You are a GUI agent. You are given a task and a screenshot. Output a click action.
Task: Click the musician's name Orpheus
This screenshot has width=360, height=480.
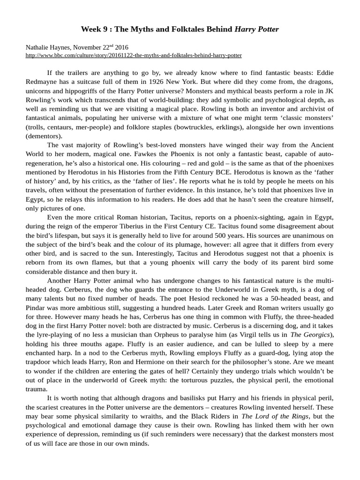coord(170,334)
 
